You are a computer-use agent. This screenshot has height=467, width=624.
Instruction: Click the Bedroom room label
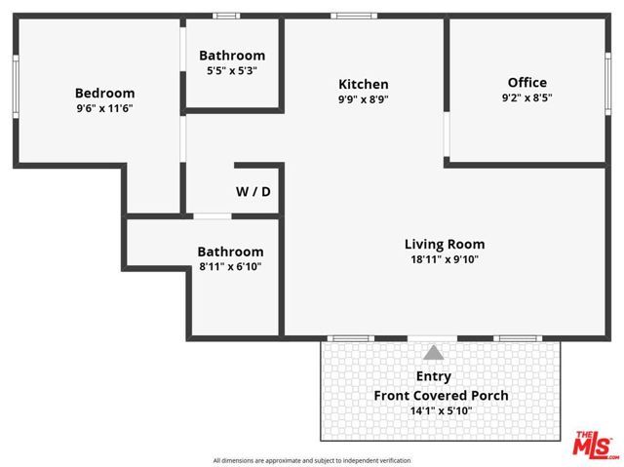[x=104, y=94]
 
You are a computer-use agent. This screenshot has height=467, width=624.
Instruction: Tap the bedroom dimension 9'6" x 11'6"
[x=104, y=109]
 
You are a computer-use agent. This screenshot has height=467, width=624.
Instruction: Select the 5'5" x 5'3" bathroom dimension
[x=231, y=71]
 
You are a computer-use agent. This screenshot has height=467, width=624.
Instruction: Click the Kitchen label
[x=363, y=85]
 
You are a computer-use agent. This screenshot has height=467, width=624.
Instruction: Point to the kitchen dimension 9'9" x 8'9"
[x=363, y=99]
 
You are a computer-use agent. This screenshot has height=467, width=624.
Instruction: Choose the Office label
[x=527, y=83]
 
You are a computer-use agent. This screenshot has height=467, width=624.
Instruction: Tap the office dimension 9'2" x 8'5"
[x=527, y=98]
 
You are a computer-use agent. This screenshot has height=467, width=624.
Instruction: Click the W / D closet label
[x=253, y=192]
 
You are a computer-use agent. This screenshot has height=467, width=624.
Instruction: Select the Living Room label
[x=445, y=245]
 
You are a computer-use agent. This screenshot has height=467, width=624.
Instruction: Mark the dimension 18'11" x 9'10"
[x=445, y=260]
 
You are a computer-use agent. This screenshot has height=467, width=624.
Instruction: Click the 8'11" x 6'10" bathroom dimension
[x=230, y=266]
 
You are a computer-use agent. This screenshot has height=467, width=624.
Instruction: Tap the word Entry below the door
[x=433, y=376]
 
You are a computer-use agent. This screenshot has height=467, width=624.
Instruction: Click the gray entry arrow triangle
[x=433, y=353]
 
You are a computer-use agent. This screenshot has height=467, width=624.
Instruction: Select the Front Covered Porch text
[x=442, y=396]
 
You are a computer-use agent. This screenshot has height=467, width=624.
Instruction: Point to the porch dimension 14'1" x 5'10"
[x=442, y=411]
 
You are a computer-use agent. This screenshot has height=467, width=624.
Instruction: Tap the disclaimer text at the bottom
[x=312, y=460]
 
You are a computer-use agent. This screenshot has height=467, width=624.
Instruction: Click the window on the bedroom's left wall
[x=16, y=88]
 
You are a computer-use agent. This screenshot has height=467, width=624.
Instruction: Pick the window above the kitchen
[x=347, y=16]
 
